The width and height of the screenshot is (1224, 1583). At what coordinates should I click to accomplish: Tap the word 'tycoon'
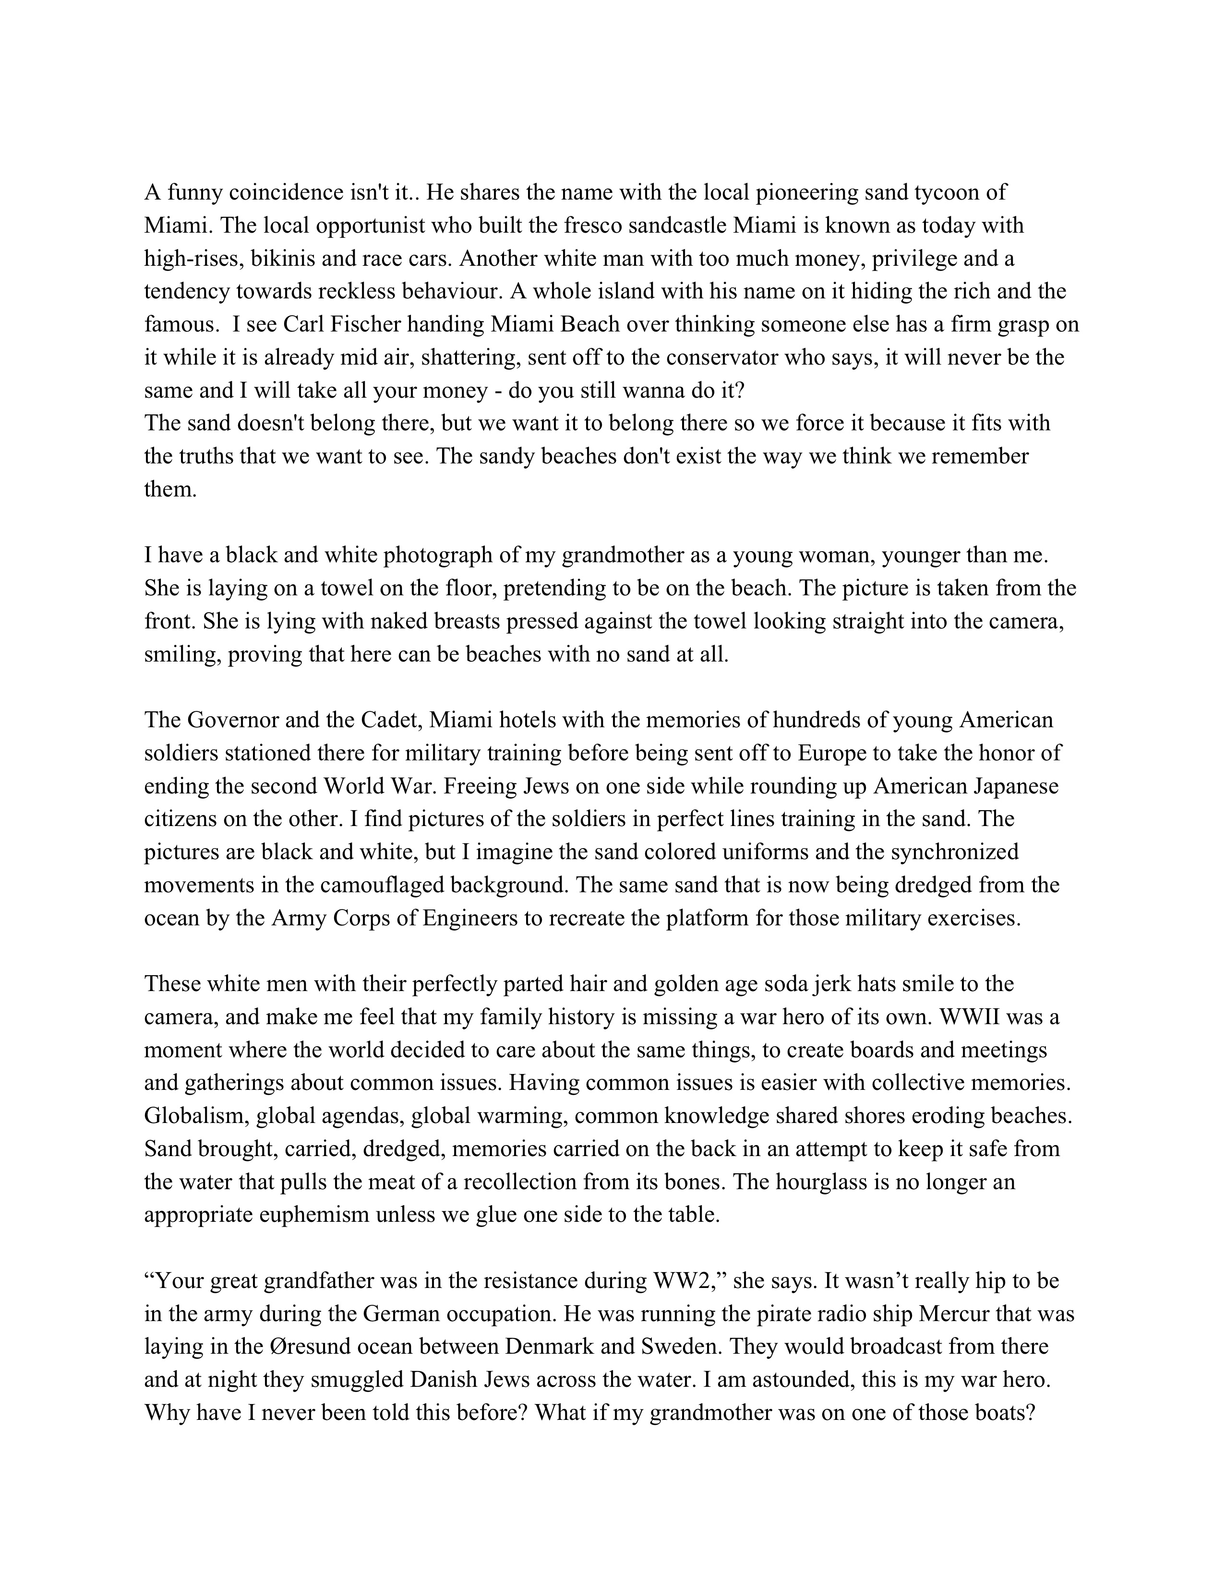(973, 193)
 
